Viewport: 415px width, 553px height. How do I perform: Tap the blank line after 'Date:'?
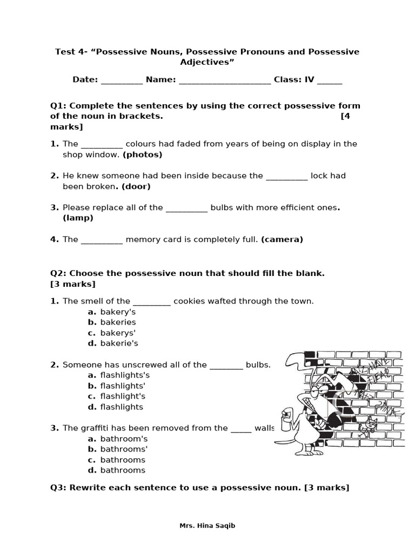(122, 80)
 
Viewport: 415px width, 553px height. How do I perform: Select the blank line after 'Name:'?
(224, 80)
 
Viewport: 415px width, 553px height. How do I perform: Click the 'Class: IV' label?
(293, 80)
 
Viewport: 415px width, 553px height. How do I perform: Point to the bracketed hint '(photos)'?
(142, 154)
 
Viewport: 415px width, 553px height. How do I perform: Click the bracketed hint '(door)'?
(136, 186)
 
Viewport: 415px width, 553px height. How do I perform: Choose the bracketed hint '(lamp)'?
(78, 218)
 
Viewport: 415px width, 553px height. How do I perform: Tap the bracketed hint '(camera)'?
(282, 239)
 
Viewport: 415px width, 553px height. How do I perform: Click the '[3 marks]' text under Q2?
(72, 284)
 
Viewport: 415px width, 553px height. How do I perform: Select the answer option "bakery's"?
(118, 312)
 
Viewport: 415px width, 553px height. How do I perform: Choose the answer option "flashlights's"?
(125, 375)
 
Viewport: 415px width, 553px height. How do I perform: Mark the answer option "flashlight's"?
(123, 396)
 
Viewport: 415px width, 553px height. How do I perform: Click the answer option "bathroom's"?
(124, 439)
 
